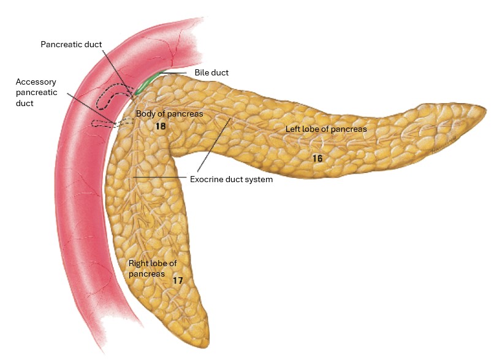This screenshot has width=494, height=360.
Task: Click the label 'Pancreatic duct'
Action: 71,44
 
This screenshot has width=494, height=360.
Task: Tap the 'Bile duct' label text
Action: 211,72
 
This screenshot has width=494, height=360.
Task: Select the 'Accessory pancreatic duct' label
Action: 36,93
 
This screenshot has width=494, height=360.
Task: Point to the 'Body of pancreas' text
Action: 170,113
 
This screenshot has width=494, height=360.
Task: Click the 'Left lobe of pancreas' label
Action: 326,129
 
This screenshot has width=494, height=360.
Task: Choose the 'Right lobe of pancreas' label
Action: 153,268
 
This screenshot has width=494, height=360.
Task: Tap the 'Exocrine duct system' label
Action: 231,179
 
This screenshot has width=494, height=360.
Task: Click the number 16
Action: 317,158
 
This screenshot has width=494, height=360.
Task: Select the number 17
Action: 178,280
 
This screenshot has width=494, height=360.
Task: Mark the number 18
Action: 161,126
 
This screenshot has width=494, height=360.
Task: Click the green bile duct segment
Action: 146,83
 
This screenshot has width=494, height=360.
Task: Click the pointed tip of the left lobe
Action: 485,108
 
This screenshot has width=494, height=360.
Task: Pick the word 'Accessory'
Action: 36,82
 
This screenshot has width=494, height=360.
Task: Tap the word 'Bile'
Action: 201,72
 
